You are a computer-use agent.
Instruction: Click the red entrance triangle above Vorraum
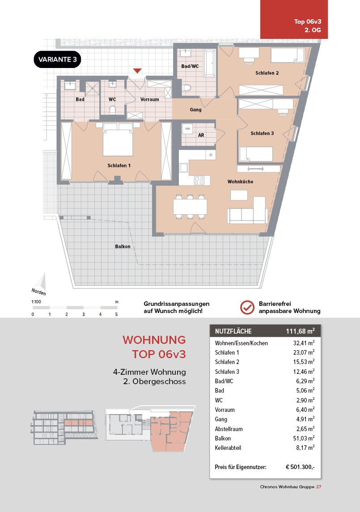[x=137, y=71]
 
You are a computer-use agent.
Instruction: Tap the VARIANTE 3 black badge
[x=57, y=60]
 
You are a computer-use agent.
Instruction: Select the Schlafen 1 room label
[x=119, y=165]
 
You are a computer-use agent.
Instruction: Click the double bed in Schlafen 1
[x=118, y=140]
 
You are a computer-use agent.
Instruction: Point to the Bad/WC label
[x=190, y=66]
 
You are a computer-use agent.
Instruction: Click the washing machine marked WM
[x=187, y=129]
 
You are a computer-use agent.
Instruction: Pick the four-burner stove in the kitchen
[x=199, y=180]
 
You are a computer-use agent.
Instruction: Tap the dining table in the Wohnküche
[x=190, y=207]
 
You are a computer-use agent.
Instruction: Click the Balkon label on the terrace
[x=123, y=246]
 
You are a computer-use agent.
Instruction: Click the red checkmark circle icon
[x=247, y=307]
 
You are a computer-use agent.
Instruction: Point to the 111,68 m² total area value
[x=300, y=331]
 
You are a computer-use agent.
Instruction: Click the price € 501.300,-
[x=300, y=467]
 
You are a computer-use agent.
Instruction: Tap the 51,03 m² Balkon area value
[x=302, y=438]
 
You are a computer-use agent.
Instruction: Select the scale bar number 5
[x=116, y=314]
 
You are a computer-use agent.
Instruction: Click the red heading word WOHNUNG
[x=154, y=340]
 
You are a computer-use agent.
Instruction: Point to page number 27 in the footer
[x=318, y=487]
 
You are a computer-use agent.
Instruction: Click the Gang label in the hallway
[x=195, y=110]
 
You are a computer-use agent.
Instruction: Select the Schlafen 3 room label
[x=262, y=133]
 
